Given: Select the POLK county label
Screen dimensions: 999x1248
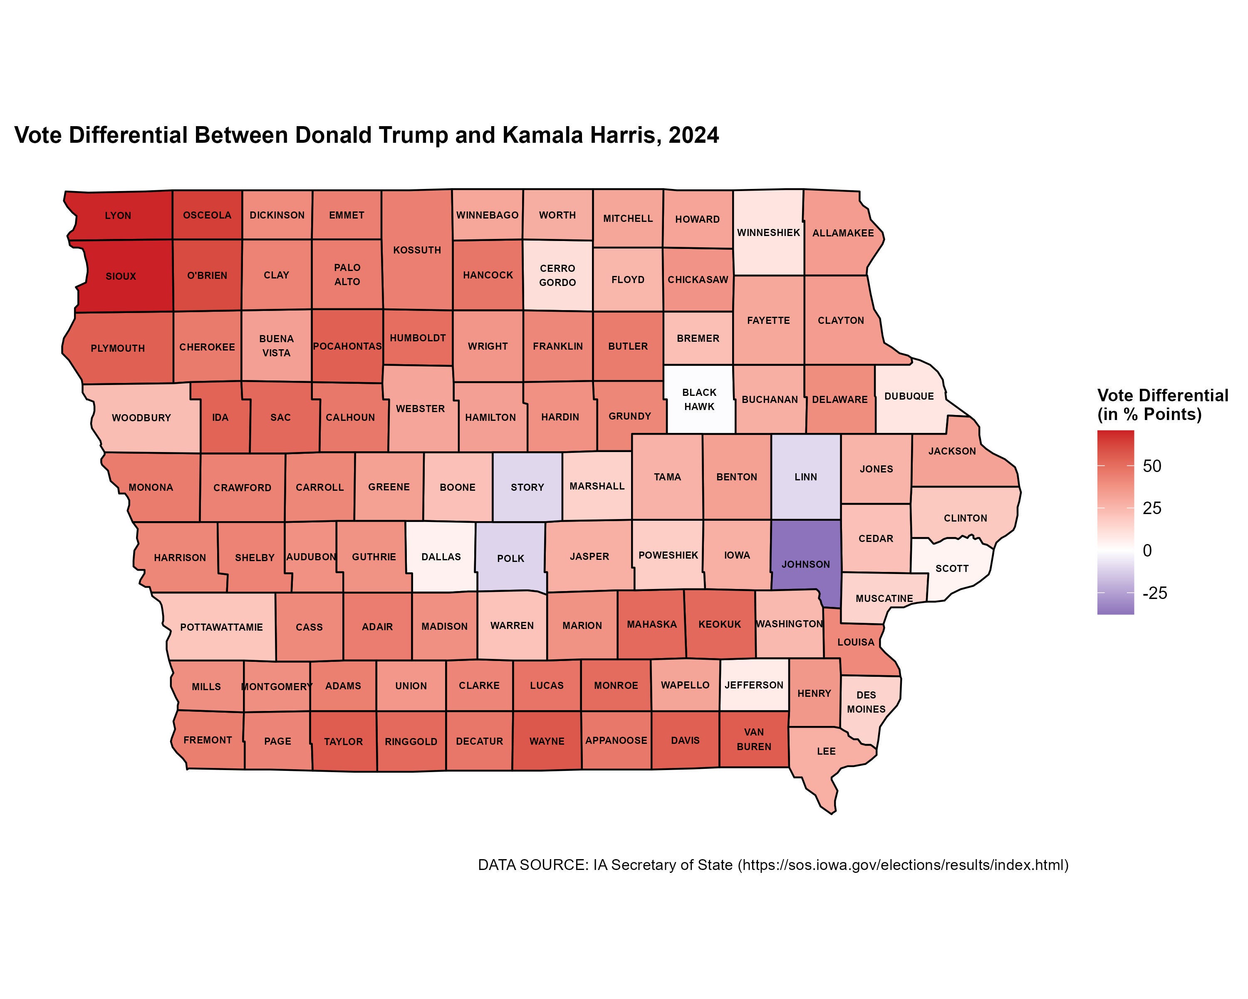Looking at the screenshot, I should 510,558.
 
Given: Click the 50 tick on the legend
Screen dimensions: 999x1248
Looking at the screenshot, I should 1151,466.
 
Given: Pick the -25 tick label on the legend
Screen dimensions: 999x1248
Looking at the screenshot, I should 1154,593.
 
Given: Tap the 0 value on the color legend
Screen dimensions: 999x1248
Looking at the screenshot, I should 1147,550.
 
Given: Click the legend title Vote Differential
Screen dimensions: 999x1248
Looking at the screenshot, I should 1162,395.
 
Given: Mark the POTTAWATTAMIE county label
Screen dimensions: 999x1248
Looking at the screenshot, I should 221,627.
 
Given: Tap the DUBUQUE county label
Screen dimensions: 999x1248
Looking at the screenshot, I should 909,396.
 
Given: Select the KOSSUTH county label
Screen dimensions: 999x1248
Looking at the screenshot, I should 417,250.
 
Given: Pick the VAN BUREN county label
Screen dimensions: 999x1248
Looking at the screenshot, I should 754,740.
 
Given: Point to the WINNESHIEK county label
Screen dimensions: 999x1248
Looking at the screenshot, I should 768,233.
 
